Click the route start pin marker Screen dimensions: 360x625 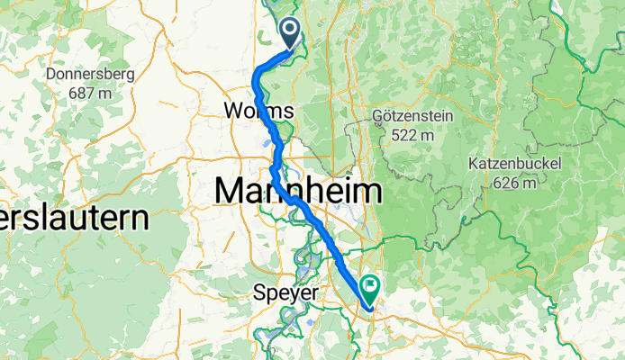(291, 33)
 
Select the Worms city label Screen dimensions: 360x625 (259, 111)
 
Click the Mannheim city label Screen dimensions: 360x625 (297, 191)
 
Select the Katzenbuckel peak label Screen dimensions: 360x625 (515, 165)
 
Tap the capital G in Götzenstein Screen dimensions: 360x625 (378, 117)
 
